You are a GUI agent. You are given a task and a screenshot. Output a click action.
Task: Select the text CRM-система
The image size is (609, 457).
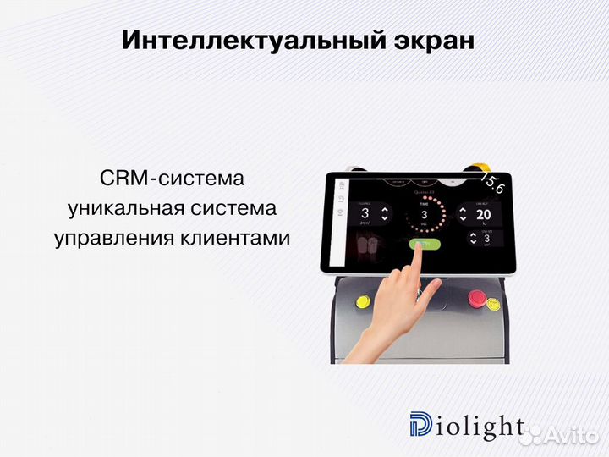[x=172, y=179]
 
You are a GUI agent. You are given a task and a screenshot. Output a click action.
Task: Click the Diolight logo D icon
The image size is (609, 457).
[x=419, y=427]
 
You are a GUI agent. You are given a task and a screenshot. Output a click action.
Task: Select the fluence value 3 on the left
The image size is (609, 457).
[x=365, y=214]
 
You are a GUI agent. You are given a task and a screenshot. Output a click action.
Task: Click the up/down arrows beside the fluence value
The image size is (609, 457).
[x=385, y=214]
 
